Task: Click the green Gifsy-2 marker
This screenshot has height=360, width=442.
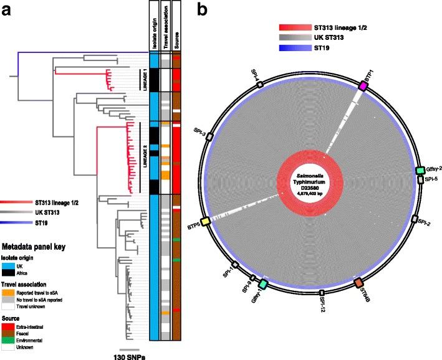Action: [421, 171]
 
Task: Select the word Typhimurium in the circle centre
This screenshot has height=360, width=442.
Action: [310, 179]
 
